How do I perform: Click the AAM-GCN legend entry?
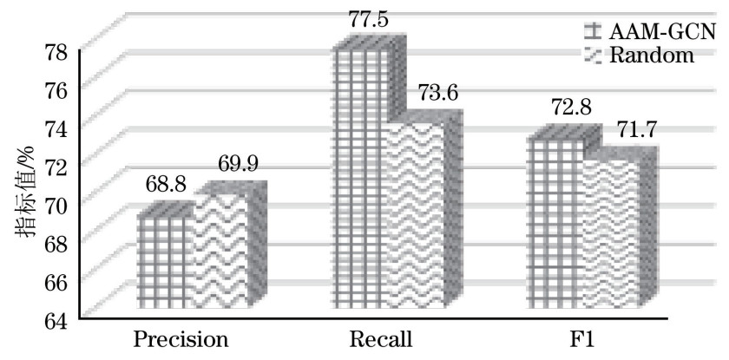point(647,32)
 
